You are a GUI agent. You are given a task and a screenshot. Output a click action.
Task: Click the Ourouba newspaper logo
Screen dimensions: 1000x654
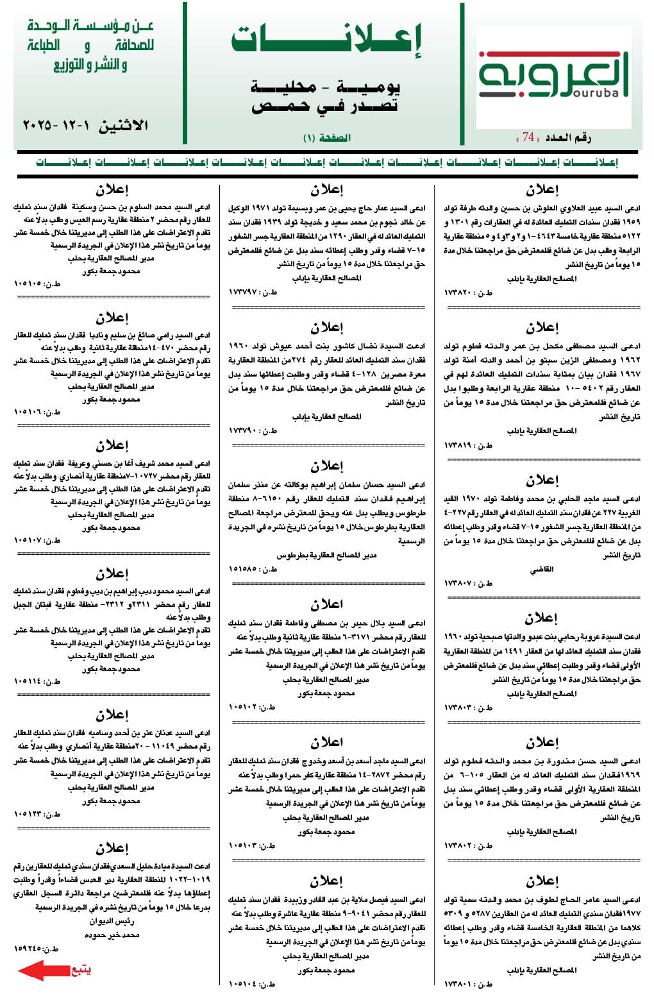(553, 76)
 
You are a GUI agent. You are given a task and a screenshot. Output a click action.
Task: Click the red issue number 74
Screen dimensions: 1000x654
(528, 137)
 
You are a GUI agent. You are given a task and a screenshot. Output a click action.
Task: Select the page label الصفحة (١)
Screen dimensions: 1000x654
(326, 137)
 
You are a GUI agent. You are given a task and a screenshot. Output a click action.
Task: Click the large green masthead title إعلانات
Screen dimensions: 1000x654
(326, 40)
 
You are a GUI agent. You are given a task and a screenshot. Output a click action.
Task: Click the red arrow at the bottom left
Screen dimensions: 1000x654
(42, 970)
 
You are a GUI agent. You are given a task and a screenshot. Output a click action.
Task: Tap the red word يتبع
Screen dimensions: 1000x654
(81, 969)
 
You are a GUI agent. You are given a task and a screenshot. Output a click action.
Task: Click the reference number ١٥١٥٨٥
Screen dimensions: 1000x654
(243, 569)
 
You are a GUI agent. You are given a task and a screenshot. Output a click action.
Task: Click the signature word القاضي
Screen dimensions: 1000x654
(542, 569)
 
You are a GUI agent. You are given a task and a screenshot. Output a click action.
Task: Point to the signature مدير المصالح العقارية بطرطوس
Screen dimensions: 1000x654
(326, 555)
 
